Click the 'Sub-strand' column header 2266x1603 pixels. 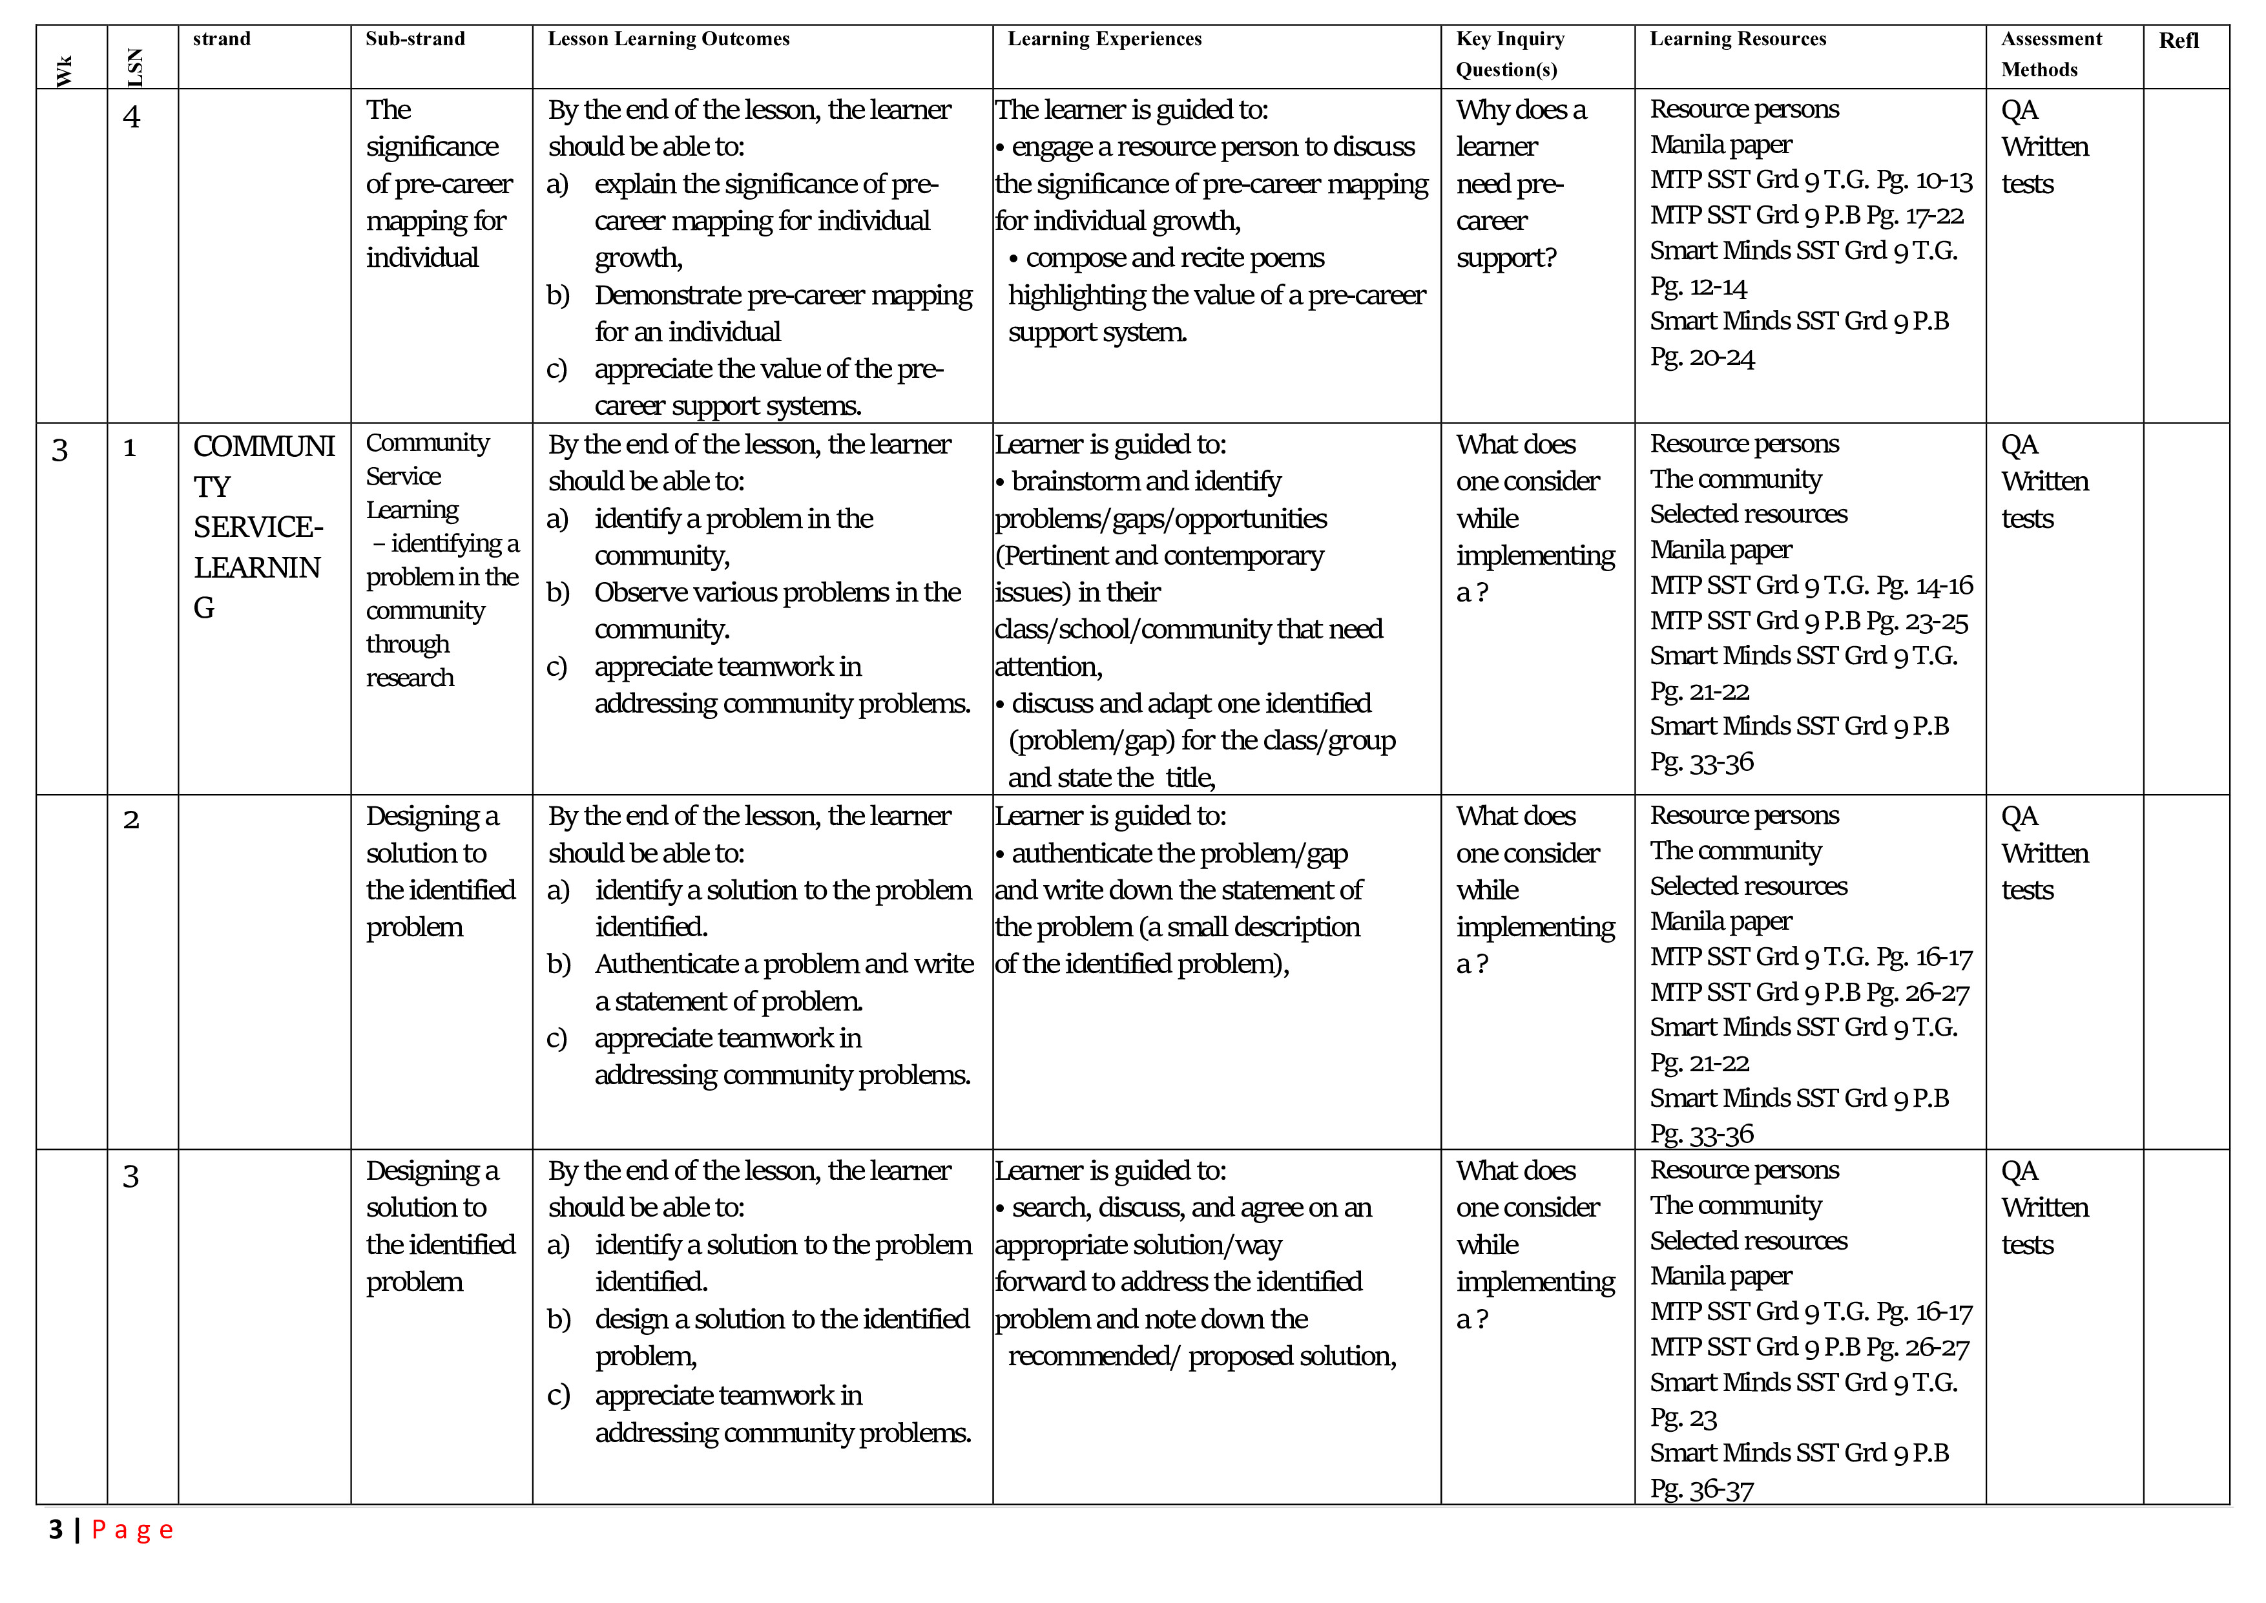415,39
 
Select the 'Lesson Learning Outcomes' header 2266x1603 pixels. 668,39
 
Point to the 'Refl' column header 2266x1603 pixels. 2178,41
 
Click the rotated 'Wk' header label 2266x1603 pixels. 64,71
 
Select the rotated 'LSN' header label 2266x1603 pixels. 135,67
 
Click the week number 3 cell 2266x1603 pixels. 59,450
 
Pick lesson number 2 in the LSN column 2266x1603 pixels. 130,819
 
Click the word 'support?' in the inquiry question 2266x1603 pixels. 1506,258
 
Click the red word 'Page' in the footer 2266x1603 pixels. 132,1530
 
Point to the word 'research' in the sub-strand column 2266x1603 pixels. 410,678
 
